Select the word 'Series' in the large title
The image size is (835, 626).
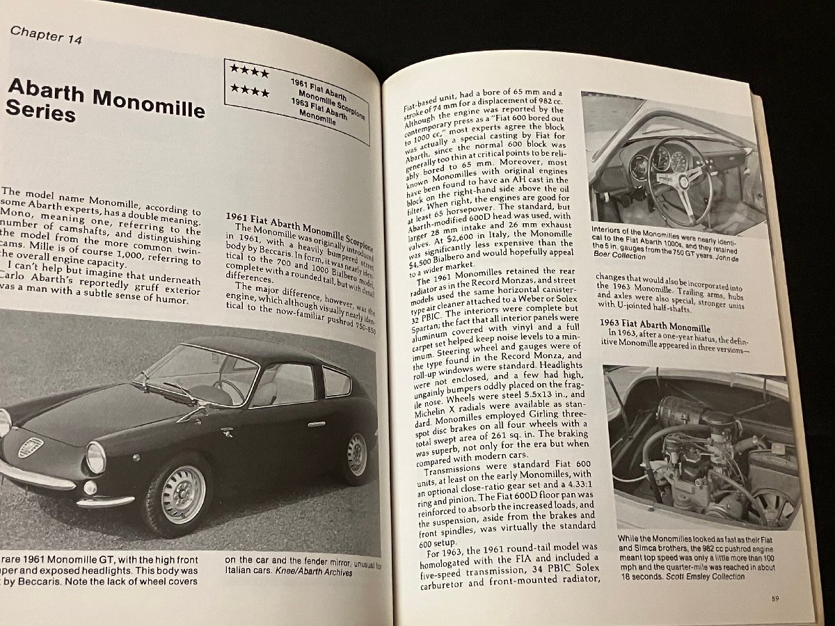[40, 111]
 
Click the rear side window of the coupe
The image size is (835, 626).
[336, 382]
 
